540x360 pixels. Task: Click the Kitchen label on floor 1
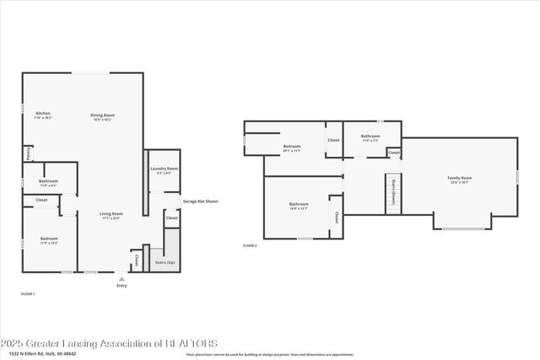tap(43, 114)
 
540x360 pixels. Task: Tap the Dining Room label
tap(103, 115)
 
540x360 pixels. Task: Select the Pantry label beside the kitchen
tap(28, 153)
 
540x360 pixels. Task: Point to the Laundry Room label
tap(165, 169)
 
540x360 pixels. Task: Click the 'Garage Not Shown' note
tap(200, 201)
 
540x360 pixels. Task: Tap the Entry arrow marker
tap(121, 279)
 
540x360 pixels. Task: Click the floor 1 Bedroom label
tap(49, 239)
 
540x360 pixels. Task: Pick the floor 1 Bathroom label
tap(48, 181)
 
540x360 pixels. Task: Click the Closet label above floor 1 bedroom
tap(41, 201)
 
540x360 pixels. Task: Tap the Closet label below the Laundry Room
tap(171, 218)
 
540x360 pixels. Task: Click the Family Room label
tap(460, 178)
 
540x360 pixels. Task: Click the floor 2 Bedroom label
tap(292, 148)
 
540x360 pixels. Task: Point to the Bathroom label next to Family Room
tap(370, 136)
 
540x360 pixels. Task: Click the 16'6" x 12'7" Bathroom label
tap(299, 204)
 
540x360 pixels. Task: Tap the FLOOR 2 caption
tap(250, 245)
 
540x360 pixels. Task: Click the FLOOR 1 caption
tap(28, 293)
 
